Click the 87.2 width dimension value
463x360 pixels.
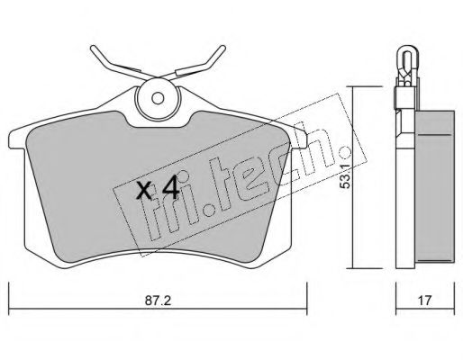click(158, 301)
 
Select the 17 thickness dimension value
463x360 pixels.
click(424, 301)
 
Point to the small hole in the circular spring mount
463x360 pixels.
click(158, 98)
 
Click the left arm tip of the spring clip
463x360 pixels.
click(93, 48)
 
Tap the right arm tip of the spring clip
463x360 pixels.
click(222, 48)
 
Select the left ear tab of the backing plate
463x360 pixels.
click(17, 139)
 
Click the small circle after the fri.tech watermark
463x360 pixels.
click(345, 153)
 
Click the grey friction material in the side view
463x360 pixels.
click(434, 187)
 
